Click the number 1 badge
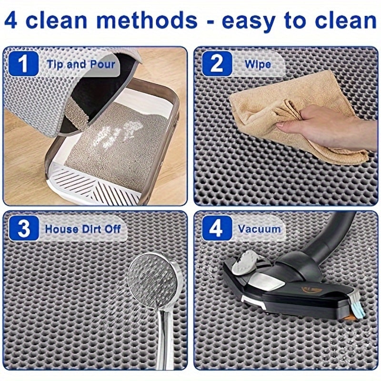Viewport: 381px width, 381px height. point(23,64)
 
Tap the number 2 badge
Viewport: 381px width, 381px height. point(217,64)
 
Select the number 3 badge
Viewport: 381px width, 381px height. point(23,229)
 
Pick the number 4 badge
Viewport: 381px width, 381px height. point(217,229)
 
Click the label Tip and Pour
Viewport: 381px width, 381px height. point(80,64)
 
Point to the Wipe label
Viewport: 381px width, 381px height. point(258,64)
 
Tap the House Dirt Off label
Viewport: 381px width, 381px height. point(83,229)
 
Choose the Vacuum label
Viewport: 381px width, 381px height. point(259,229)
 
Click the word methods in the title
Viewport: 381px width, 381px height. point(147,20)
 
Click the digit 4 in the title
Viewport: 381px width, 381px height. point(11,20)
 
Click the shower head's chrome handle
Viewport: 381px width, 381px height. point(165,340)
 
